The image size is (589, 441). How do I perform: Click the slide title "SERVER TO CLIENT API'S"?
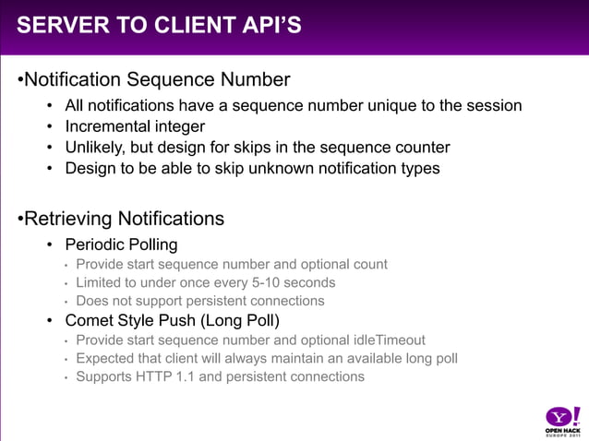coord(159,25)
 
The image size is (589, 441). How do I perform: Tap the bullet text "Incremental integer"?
coord(135,126)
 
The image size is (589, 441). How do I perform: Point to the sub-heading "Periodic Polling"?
coord(121,244)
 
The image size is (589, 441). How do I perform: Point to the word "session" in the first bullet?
coord(494,105)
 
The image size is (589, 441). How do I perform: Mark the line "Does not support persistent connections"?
coord(200,301)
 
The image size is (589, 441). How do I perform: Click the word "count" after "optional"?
coord(368,264)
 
